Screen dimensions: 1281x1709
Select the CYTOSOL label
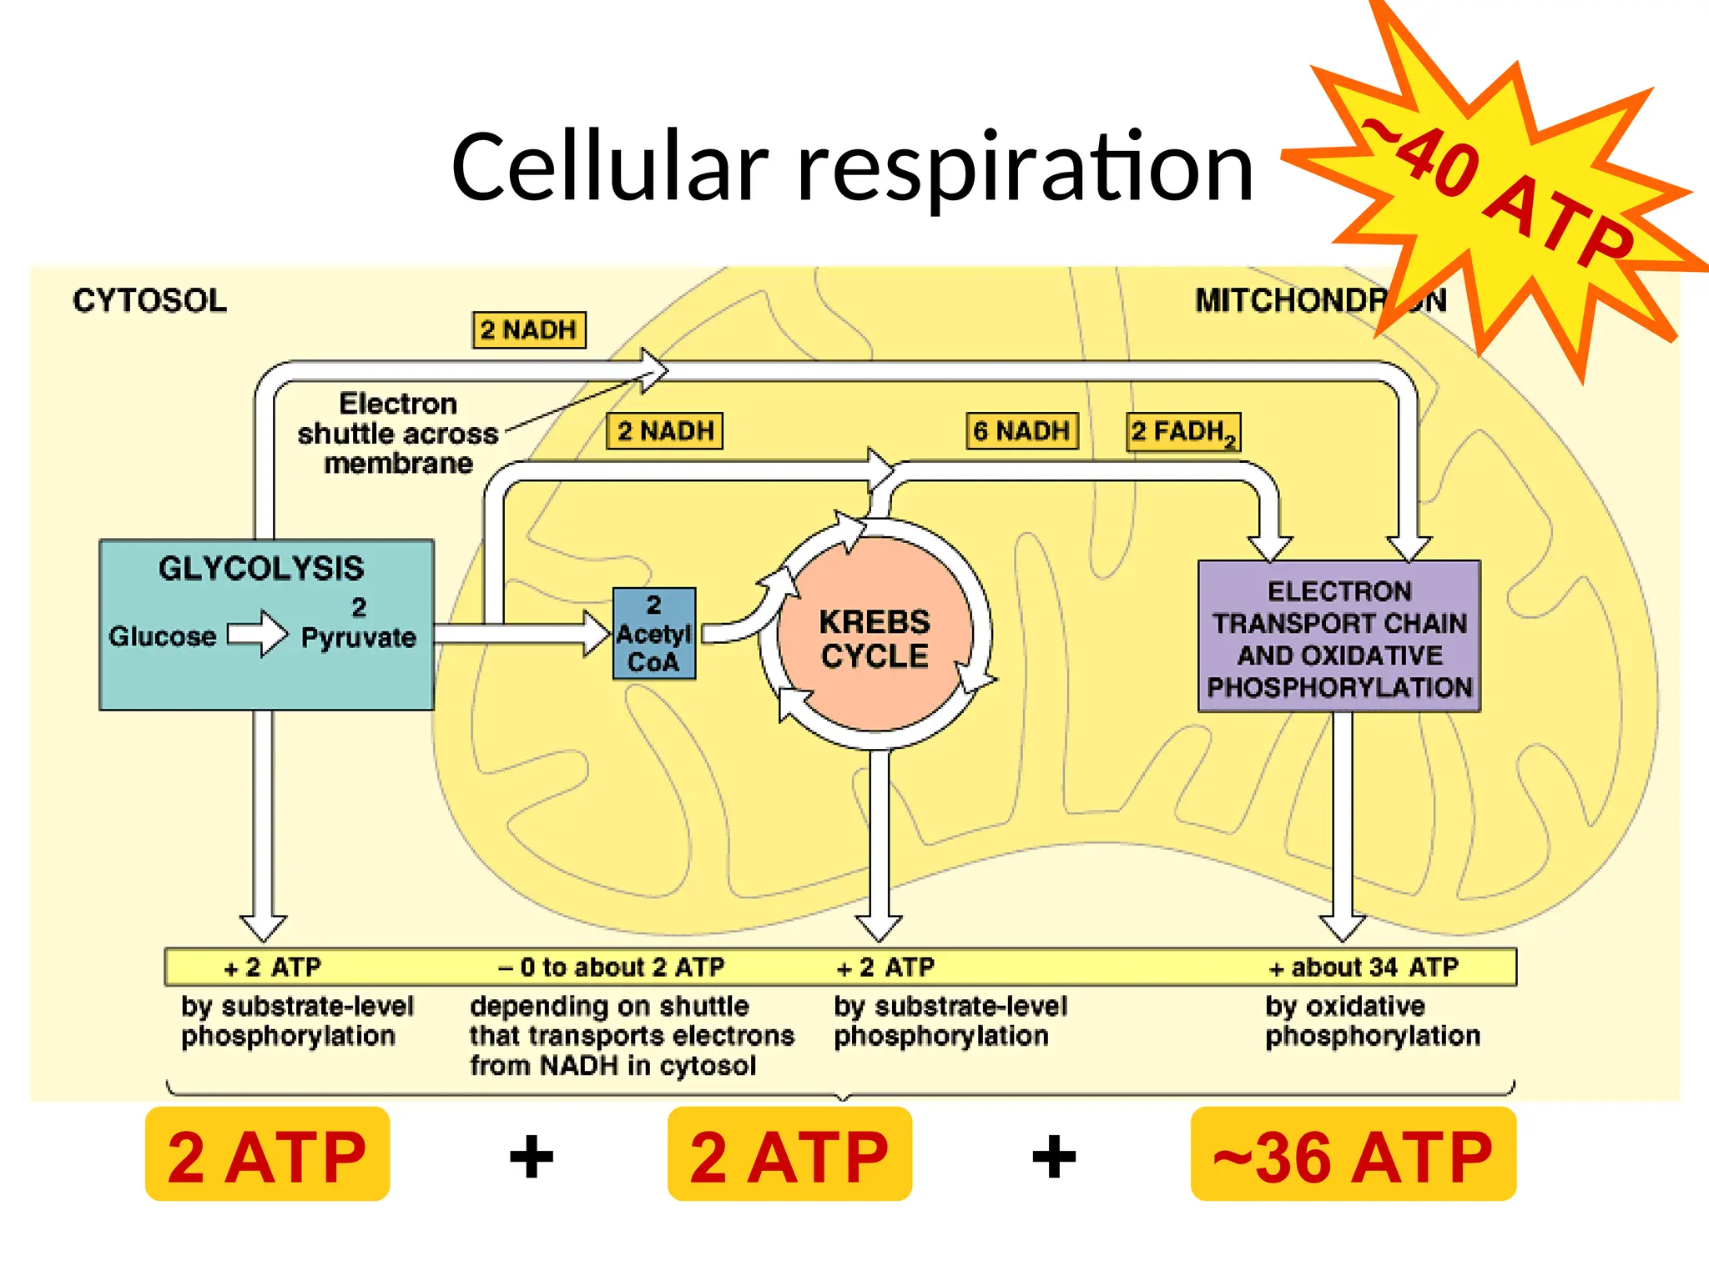point(149,300)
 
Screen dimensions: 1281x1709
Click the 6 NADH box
point(1021,431)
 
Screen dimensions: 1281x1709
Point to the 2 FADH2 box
point(1182,432)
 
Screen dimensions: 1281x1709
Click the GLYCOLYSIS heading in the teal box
point(261,569)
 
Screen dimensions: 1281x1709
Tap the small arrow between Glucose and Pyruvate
point(258,634)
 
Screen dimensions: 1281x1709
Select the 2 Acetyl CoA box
point(653,634)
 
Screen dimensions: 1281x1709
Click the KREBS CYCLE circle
point(874,638)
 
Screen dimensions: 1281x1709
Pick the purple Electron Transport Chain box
point(1338,637)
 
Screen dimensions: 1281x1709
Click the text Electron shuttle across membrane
point(398,434)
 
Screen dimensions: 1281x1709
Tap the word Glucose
point(162,636)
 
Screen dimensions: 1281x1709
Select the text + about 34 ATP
point(1364,967)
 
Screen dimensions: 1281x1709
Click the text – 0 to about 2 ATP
point(611,967)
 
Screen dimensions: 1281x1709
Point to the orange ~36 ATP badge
point(1353,1155)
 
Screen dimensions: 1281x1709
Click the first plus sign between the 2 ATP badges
point(532,1157)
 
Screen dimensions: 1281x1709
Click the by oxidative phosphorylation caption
point(1372,1021)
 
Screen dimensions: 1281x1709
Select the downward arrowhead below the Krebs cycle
point(879,927)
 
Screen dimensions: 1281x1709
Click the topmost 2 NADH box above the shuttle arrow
point(529,330)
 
